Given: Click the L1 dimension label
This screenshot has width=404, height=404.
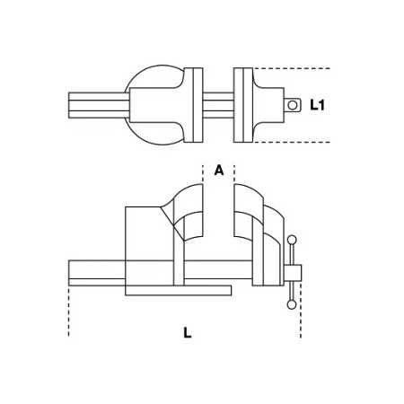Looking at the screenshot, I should tap(318, 105).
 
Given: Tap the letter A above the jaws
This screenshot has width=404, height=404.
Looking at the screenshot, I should tap(218, 170).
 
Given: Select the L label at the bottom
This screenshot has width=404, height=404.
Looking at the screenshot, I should tap(187, 332).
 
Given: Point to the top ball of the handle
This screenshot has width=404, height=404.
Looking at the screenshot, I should tap(291, 240).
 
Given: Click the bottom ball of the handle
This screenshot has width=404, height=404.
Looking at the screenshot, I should tap(291, 305).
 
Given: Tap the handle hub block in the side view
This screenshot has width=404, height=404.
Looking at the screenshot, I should tap(293, 272).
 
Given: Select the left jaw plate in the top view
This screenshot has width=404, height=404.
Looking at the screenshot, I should tap(197, 104).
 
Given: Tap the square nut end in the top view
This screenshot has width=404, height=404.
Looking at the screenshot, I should tap(291, 105).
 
